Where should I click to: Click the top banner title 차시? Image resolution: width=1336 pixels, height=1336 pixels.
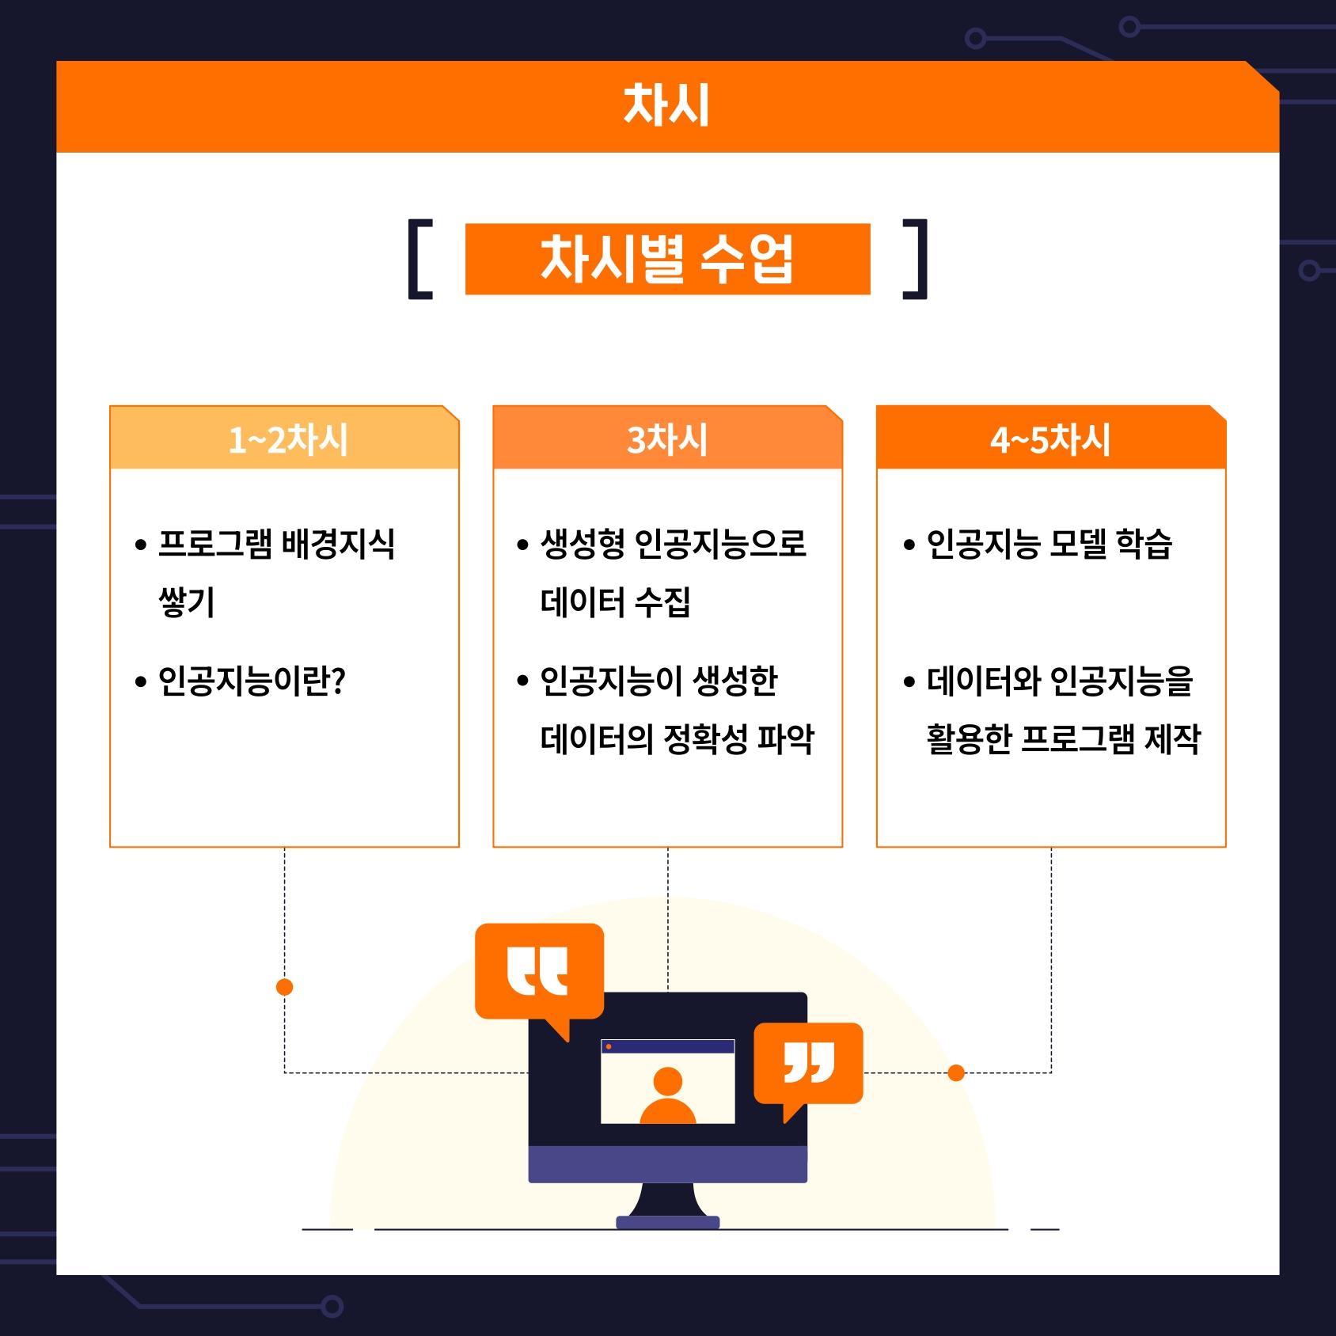(666, 106)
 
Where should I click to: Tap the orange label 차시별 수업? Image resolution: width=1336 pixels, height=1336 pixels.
(667, 260)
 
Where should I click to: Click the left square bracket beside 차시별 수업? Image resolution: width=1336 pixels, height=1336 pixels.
(419, 260)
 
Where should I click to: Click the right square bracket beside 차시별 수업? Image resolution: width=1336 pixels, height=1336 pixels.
(915, 260)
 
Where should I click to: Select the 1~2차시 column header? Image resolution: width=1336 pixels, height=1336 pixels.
(285, 438)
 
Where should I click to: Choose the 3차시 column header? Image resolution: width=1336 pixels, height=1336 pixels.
(667, 438)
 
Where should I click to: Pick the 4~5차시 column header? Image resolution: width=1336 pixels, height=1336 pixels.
(1051, 438)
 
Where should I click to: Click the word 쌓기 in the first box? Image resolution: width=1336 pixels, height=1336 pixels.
(187, 602)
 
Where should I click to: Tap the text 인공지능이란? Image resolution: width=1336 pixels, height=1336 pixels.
(252, 681)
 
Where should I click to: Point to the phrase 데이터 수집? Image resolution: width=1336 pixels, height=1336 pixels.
(616, 602)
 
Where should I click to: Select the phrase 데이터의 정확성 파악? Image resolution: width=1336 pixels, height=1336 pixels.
(677, 739)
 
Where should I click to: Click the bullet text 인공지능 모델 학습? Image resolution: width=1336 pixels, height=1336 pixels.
(1049, 544)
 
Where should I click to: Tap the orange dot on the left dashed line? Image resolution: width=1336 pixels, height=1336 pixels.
(285, 987)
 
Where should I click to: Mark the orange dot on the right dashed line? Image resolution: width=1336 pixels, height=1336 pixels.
(956, 1073)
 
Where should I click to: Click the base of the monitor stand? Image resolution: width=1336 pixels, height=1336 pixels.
(668, 1222)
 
